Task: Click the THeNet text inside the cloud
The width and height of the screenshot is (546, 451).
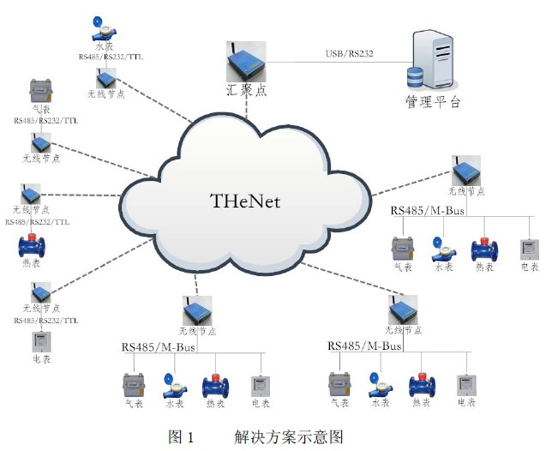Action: pos(245,201)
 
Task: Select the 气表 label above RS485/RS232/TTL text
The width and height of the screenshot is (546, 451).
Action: pos(39,110)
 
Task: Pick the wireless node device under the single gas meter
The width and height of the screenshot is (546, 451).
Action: pos(41,142)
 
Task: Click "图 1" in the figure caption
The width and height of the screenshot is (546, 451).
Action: pos(182,437)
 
